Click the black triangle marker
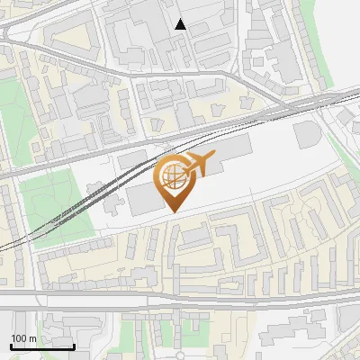[181, 24]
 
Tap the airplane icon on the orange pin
[200, 165]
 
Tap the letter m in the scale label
[33, 338]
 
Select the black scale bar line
[41, 346]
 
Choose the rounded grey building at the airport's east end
[306, 135]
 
